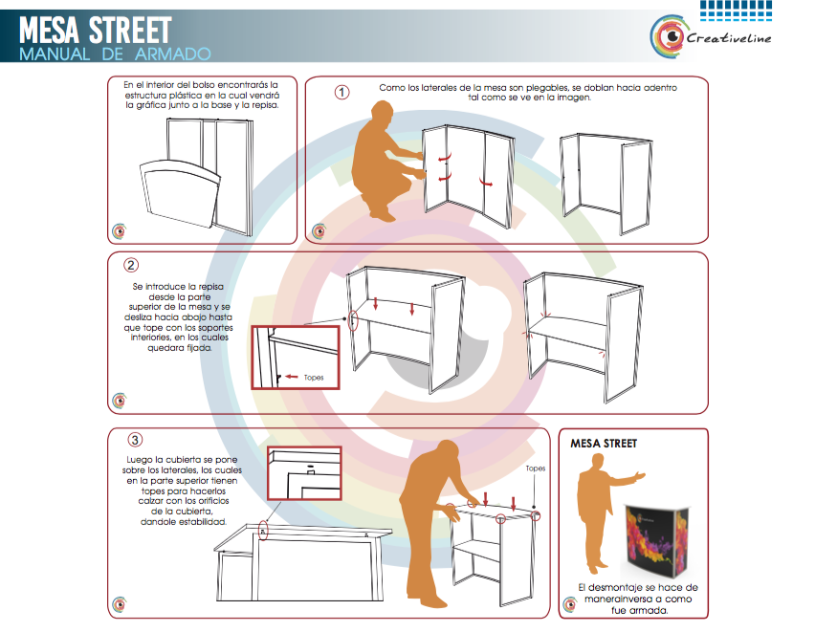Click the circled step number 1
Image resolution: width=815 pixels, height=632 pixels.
point(341,93)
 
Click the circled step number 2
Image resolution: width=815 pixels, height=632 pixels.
point(131,265)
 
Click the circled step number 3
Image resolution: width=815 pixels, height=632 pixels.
point(135,440)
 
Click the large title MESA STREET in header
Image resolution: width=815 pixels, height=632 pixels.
point(95,31)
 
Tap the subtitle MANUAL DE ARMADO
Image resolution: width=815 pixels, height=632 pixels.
point(115,54)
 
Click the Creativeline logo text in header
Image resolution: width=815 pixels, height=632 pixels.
point(729,38)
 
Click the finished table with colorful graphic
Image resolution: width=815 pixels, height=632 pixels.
point(656,540)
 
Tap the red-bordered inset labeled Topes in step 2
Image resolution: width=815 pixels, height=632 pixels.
point(296,358)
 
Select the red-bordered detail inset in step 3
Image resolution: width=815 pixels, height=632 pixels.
point(304,473)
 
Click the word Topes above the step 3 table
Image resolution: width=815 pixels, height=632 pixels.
point(536,469)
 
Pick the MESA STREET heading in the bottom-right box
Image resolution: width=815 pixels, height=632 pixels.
point(604,444)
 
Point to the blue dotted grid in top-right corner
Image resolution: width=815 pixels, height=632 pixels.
point(736,11)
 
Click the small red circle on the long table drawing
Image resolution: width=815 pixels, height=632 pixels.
point(263,531)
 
